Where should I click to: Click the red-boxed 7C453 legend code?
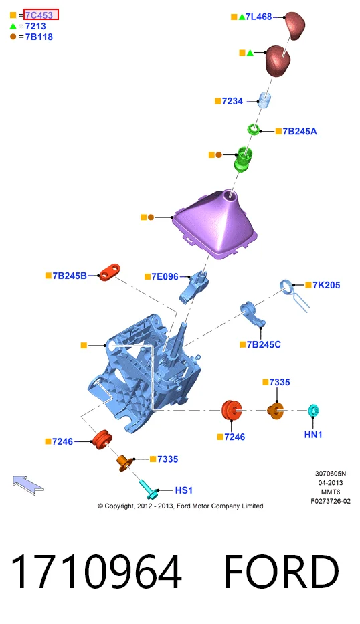pyautogui.click(x=39, y=15)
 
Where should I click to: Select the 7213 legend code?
pyautogui.click(x=35, y=26)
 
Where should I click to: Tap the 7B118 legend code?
pyautogui.click(x=39, y=37)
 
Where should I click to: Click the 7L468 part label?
pyautogui.click(x=258, y=17)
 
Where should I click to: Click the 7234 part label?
pyautogui.click(x=233, y=101)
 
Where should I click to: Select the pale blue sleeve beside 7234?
pyautogui.click(x=264, y=100)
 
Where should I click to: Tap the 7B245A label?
pyautogui.click(x=300, y=131)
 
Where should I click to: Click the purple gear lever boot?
pyautogui.click(x=215, y=225)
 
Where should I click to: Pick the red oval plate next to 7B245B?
pyautogui.click(x=110, y=272)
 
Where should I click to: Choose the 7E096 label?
pyautogui.click(x=165, y=276)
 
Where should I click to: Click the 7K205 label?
pyautogui.click(x=326, y=285)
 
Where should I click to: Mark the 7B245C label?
pyautogui.click(x=264, y=344)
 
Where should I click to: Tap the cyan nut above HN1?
pyautogui.click(x=313, y=410)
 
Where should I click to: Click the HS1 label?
pyautogui.click(x=184, y=490)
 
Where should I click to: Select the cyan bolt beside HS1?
pyautogui.click(x=148, y=490)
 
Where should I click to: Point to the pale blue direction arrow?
pyautogui.click(x=28, y=484)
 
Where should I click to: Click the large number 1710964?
pyautogui.click(x=96, y=571)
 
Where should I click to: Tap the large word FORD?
pyautogui.click(x=281, y=571)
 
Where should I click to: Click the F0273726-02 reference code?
pyautogui.click(x=331, y=501)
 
